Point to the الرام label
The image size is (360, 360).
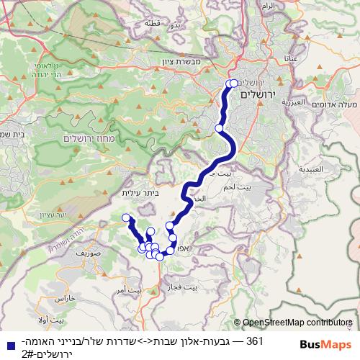click(268, 6)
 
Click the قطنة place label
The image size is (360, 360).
click(153, 22)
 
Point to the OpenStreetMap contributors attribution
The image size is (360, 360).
click(295, 323)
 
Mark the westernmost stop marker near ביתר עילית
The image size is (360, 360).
click(126, 217)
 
